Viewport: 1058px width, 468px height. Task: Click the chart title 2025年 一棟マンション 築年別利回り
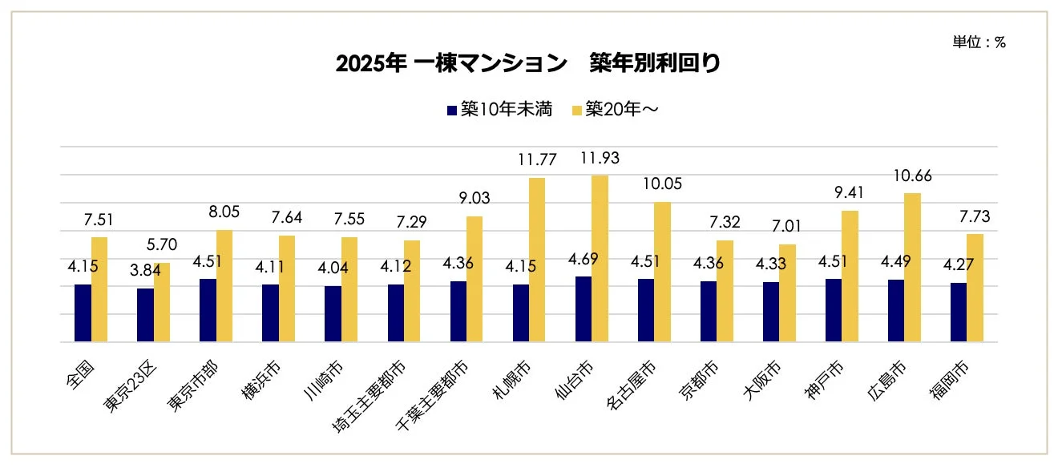pyautogui.click(x=528, y=64)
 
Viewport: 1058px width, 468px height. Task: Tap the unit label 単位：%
pyautogui.click(x=979, y=43)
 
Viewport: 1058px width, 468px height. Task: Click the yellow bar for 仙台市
pyautogui.click(x=599, y=259)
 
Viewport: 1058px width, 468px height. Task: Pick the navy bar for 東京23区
pyautogui.click(x=145, y=316)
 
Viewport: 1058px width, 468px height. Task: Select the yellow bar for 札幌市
pyautogui.click(x=536, y=260)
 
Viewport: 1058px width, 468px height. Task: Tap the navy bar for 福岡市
pyautogui.click(x=958, y=313)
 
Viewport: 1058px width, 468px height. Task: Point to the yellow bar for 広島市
pyautogui.click(x=911, y=268)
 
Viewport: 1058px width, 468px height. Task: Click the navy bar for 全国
pyautogui.click(x=83, y=313)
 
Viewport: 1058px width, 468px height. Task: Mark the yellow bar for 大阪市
pyautogui.click(x=786, y=293)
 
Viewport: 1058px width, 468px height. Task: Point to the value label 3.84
pyautogui.click(x=146, y=270)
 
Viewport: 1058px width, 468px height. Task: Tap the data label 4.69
pyautogui.click(x=582, y=259)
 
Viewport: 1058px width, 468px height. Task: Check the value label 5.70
pyautogui.click(x=161, y=245)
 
